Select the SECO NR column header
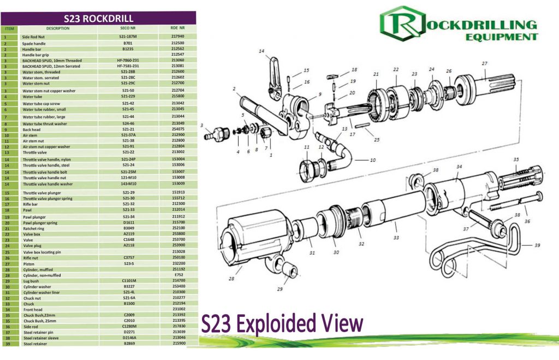127,28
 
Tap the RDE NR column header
178,28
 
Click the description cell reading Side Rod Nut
33,37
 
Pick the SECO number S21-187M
128,37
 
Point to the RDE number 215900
178,343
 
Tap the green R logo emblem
403,24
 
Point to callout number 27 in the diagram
484,64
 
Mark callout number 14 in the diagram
261,51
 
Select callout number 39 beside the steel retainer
537,245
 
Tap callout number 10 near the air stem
373,161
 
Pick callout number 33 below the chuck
396,238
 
